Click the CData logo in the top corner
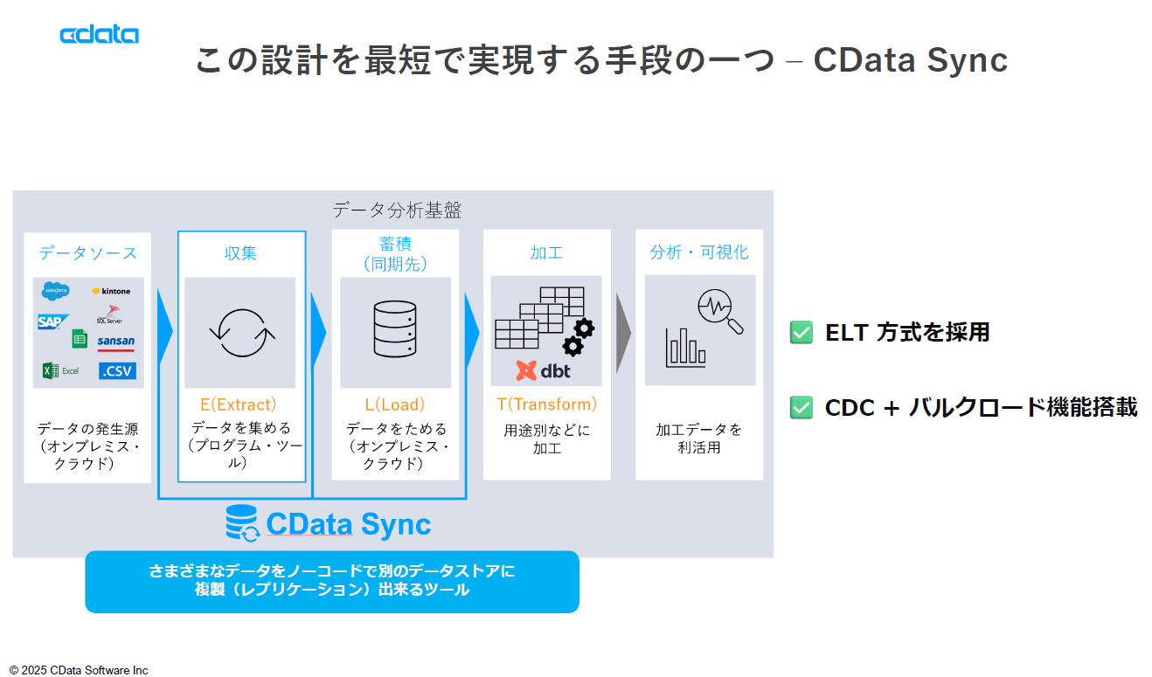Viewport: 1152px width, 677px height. coord(99,34)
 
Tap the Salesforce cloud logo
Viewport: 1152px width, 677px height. coord(54,292)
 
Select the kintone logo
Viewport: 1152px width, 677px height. coord(112,291)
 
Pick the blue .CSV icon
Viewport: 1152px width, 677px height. coord(117,370)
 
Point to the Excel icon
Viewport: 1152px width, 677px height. coord(60,371)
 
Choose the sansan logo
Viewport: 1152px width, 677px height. coord(116,342)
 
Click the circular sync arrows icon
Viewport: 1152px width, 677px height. coord(241,333)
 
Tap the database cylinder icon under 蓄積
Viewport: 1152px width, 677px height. coord(395,329)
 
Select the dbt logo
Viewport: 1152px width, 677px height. coord(543,370)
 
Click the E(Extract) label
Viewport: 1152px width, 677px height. coord(239,404)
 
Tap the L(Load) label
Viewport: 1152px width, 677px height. coord(395,404)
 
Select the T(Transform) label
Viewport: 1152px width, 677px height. coord(547,404)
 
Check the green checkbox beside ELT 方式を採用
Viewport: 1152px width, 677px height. coord(801,333)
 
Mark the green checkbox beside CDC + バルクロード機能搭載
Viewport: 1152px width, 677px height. coord(801,407)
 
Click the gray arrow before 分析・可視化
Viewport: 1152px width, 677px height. coord(623,333)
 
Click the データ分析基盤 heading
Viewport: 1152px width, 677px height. coord(397,211)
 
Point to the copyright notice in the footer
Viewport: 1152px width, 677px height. coord(79,670)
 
